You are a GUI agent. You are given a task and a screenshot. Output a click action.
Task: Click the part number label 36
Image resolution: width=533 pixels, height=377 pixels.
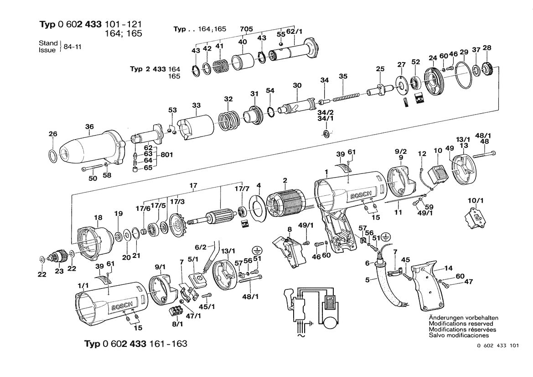tap(89, 126)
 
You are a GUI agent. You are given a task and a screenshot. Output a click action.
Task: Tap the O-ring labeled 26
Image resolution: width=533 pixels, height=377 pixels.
tap(53, 156)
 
